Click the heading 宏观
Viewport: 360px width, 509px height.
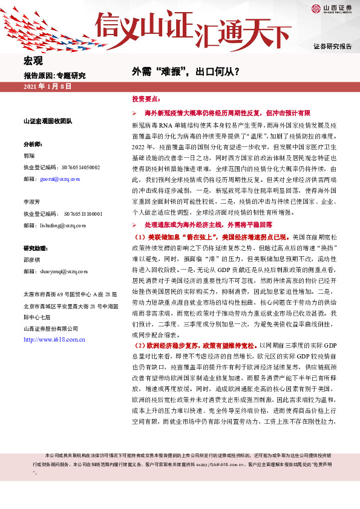pos(34,62)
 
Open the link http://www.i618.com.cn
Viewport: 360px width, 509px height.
pos(53,340)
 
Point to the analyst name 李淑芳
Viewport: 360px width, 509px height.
pos(31,203)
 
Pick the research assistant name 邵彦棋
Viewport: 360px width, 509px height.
pos(31,259)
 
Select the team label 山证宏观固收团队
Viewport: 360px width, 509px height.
pos(47,122)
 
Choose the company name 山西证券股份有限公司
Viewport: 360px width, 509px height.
pos(50,328)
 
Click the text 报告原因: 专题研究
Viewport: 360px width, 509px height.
pos(54,76)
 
